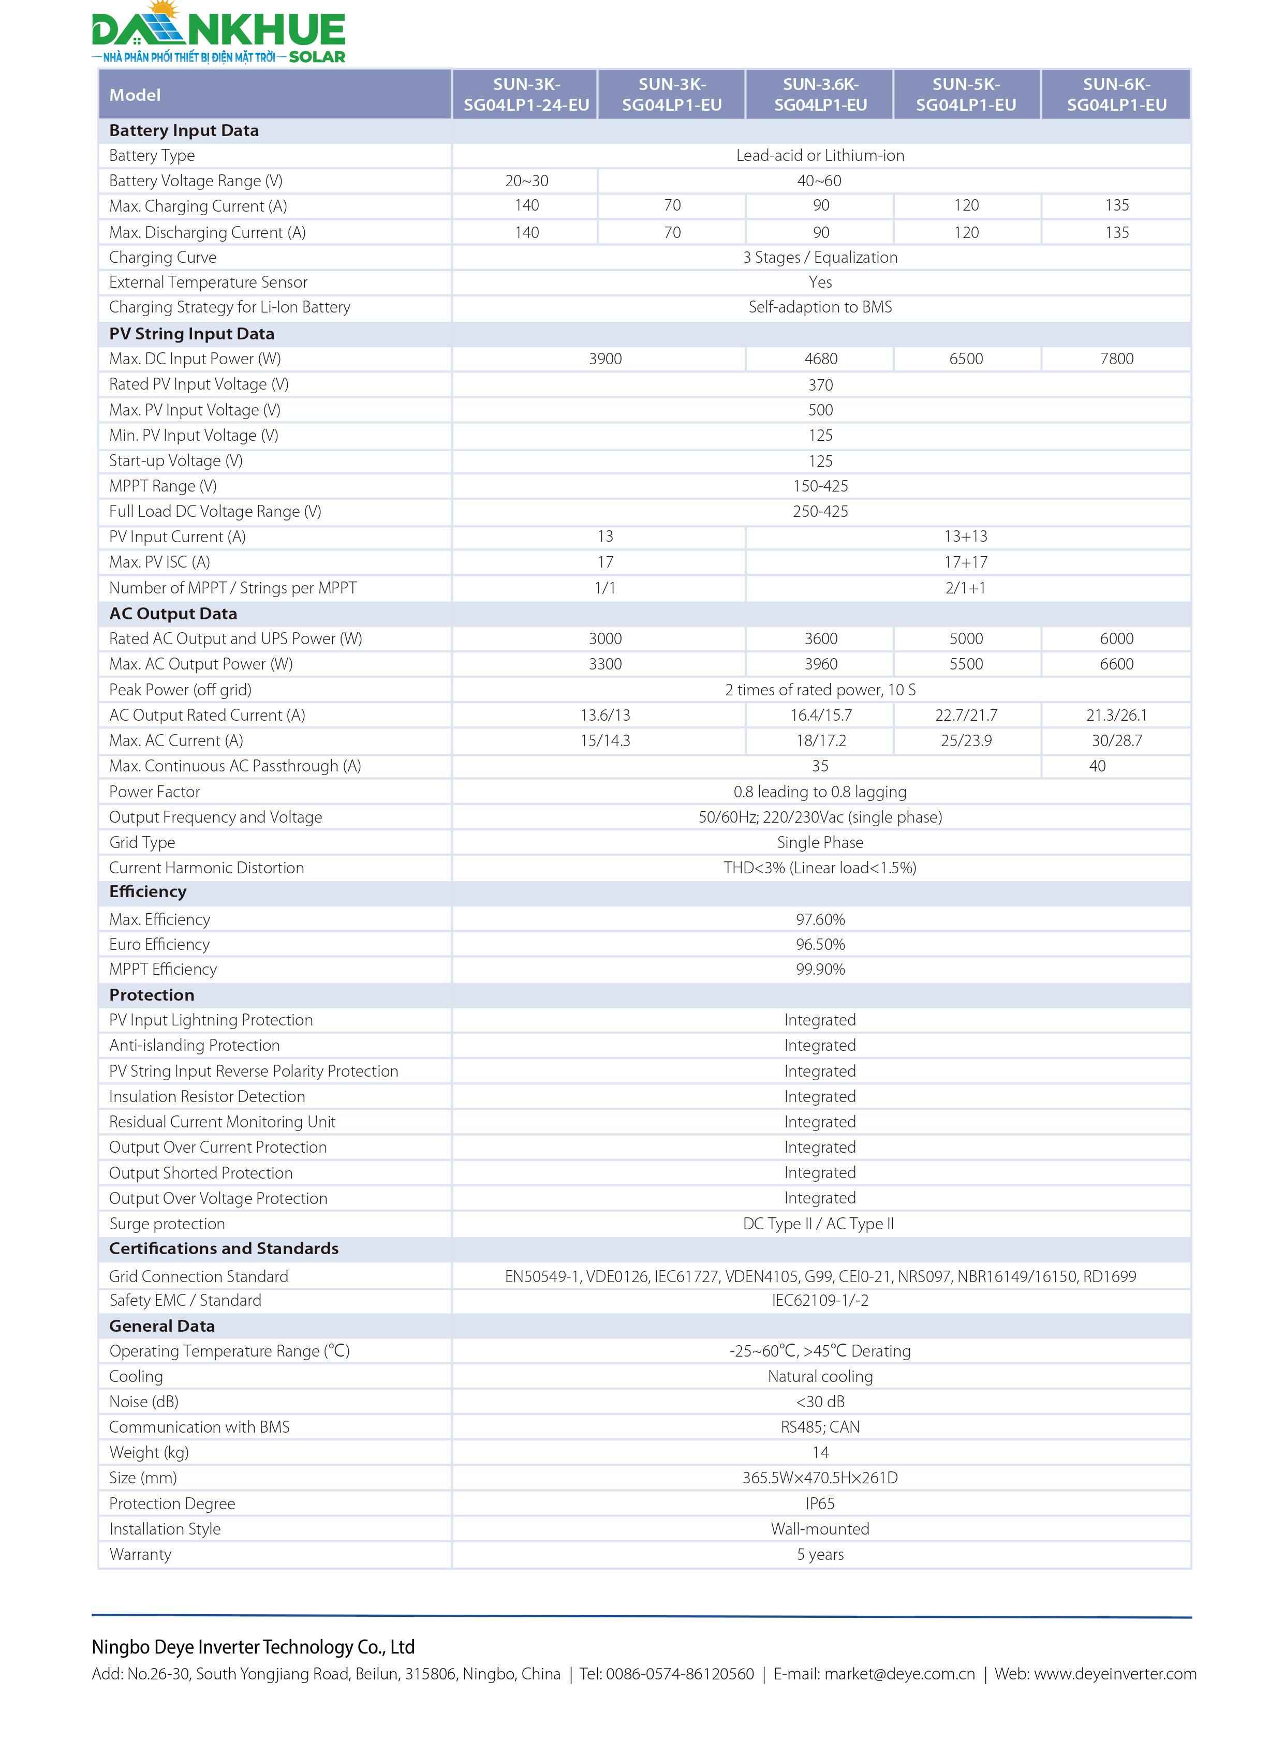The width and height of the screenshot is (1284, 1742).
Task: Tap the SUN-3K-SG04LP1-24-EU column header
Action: point(526,94)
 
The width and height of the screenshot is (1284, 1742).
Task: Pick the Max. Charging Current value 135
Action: point(1116,205)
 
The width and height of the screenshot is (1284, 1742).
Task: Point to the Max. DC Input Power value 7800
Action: point(1116,358)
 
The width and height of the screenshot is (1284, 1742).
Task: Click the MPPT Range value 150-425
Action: point(820,486)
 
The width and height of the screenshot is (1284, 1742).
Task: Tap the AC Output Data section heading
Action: point(172,613)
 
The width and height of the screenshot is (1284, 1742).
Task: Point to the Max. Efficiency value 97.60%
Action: point(820,919)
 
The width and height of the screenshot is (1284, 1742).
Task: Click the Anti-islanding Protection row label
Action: point(194,1045)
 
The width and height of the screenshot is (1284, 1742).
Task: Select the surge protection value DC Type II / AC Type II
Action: point(818,1224)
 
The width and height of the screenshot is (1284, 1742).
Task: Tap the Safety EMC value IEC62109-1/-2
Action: point(820,1300)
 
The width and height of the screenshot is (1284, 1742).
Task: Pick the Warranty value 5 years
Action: point(820,1554)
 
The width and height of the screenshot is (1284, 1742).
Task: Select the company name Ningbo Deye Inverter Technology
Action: point(253,1646)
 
